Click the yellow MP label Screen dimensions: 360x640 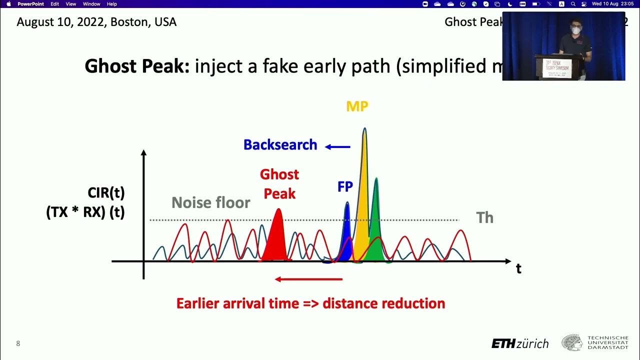(357, 106)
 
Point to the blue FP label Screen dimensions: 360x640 (345, 187)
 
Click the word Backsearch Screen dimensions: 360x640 (280, 145)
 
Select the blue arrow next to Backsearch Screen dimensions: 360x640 (337, 146)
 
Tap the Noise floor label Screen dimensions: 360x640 (210, 202)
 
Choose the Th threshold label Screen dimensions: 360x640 (484, 217)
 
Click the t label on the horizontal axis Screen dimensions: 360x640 (518, 268)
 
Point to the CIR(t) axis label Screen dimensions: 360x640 (105, 192)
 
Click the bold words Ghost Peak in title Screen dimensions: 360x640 (137, 66)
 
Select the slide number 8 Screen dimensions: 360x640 (18, 343)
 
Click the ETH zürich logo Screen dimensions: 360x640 (520, 343)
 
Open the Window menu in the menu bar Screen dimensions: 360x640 (91, 4)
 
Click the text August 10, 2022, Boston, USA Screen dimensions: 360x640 (96, 22)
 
